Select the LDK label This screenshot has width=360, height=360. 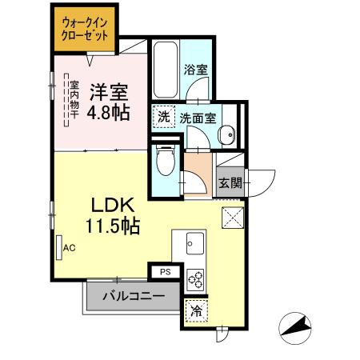pyautogui.click(x=116, y=205)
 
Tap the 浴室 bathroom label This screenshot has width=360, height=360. pyautogui.click(x=197, y=70)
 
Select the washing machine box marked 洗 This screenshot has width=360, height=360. pyautogui.click(x=163, y=118)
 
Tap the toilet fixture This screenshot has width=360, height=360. pyautogui.click(x=166, y=161)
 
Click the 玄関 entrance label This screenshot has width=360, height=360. pyautogui.click(x=230, y=182)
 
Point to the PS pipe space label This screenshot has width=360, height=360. pyautogui.click(x=165, y=272)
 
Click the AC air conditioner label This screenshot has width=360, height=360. pyautogui.click(x=69, y=247)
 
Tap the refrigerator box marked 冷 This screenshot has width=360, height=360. pyautogui.click(x=195, y=310)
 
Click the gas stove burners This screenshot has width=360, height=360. pyautogui.click(x=195, y=279)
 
